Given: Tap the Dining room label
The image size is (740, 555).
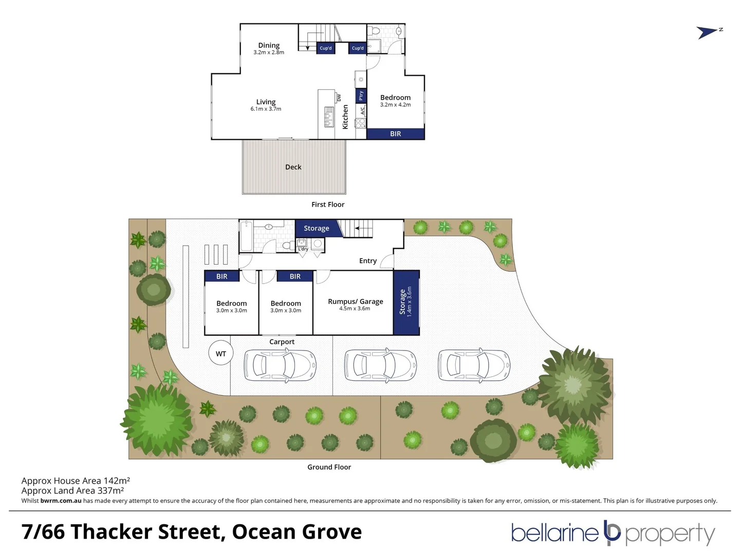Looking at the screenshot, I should [x=269, y=45].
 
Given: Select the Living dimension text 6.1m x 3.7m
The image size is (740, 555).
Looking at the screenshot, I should [x=266, y=109].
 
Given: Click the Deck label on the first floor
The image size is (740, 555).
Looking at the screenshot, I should [x=293, y=167].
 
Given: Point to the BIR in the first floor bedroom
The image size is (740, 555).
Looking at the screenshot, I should [x=395, y=134].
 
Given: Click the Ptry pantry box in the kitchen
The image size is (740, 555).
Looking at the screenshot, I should [x=361, y=96].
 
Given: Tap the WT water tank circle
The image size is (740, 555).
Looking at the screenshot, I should [x=220, y=354].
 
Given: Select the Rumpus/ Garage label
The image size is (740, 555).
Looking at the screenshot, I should [x=355, y=302].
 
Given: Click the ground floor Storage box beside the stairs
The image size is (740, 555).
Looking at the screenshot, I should [x=316, y=228].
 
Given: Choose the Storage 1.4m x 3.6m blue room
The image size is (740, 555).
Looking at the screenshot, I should [x=405, y=302].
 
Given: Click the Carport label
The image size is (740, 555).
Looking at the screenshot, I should [x=282, y=342].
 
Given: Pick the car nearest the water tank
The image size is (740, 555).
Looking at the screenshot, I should [x=280, y=365].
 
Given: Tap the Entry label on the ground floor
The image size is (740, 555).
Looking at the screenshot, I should [x=367, y=261].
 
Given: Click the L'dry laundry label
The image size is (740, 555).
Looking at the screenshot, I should [x=303, y=249].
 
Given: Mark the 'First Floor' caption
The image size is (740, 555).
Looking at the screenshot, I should [x=328, y=205].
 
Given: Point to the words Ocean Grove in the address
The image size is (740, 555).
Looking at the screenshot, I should [x=297, y=532].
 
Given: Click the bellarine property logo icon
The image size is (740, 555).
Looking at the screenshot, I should [x=612, y=532].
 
